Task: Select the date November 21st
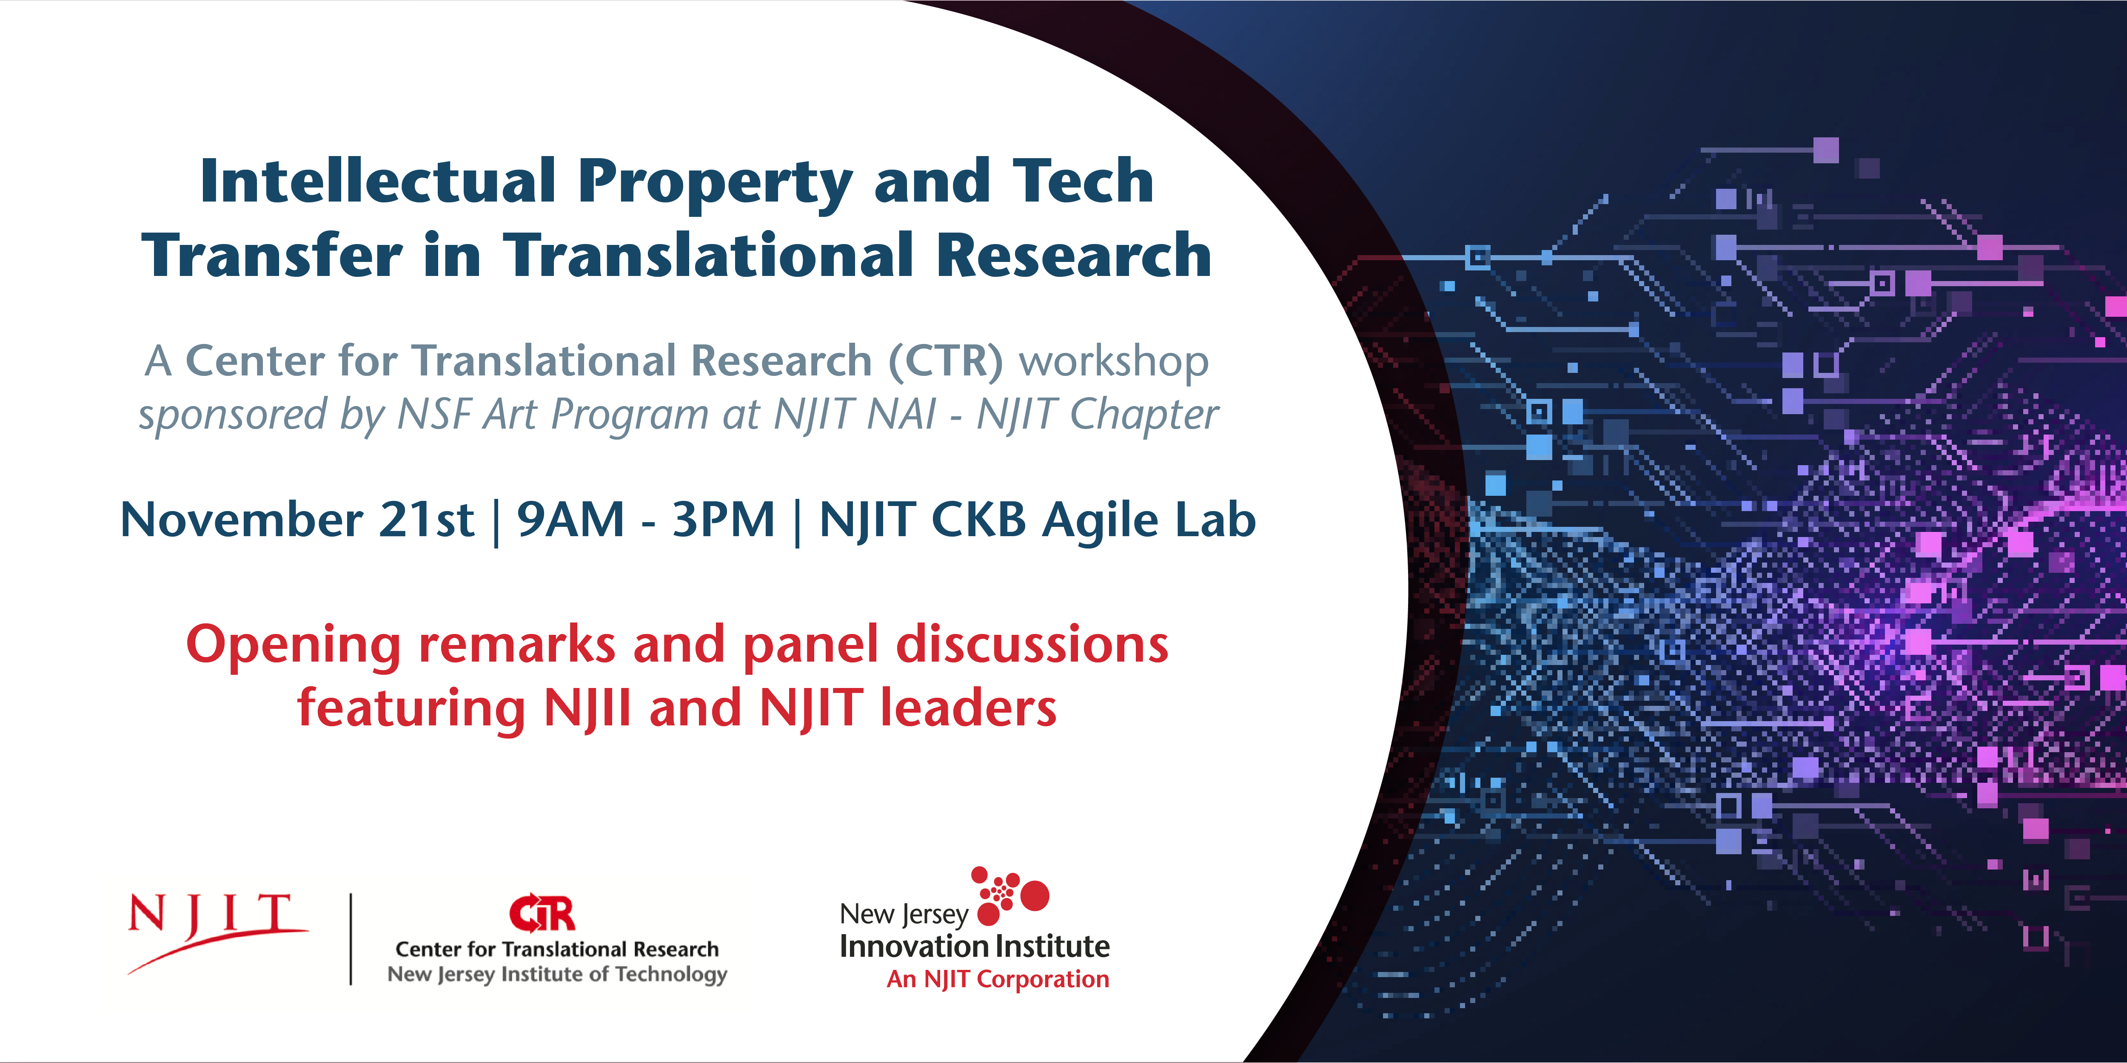click(297, 520)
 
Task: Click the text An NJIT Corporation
click(998, 980)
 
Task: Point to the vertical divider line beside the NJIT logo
click(351, 939)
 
